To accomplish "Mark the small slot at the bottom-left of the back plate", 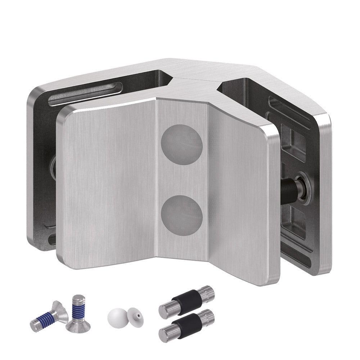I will point(51,238).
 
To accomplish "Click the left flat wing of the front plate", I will point(108,187).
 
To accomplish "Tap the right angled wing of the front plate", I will point(241,194).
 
